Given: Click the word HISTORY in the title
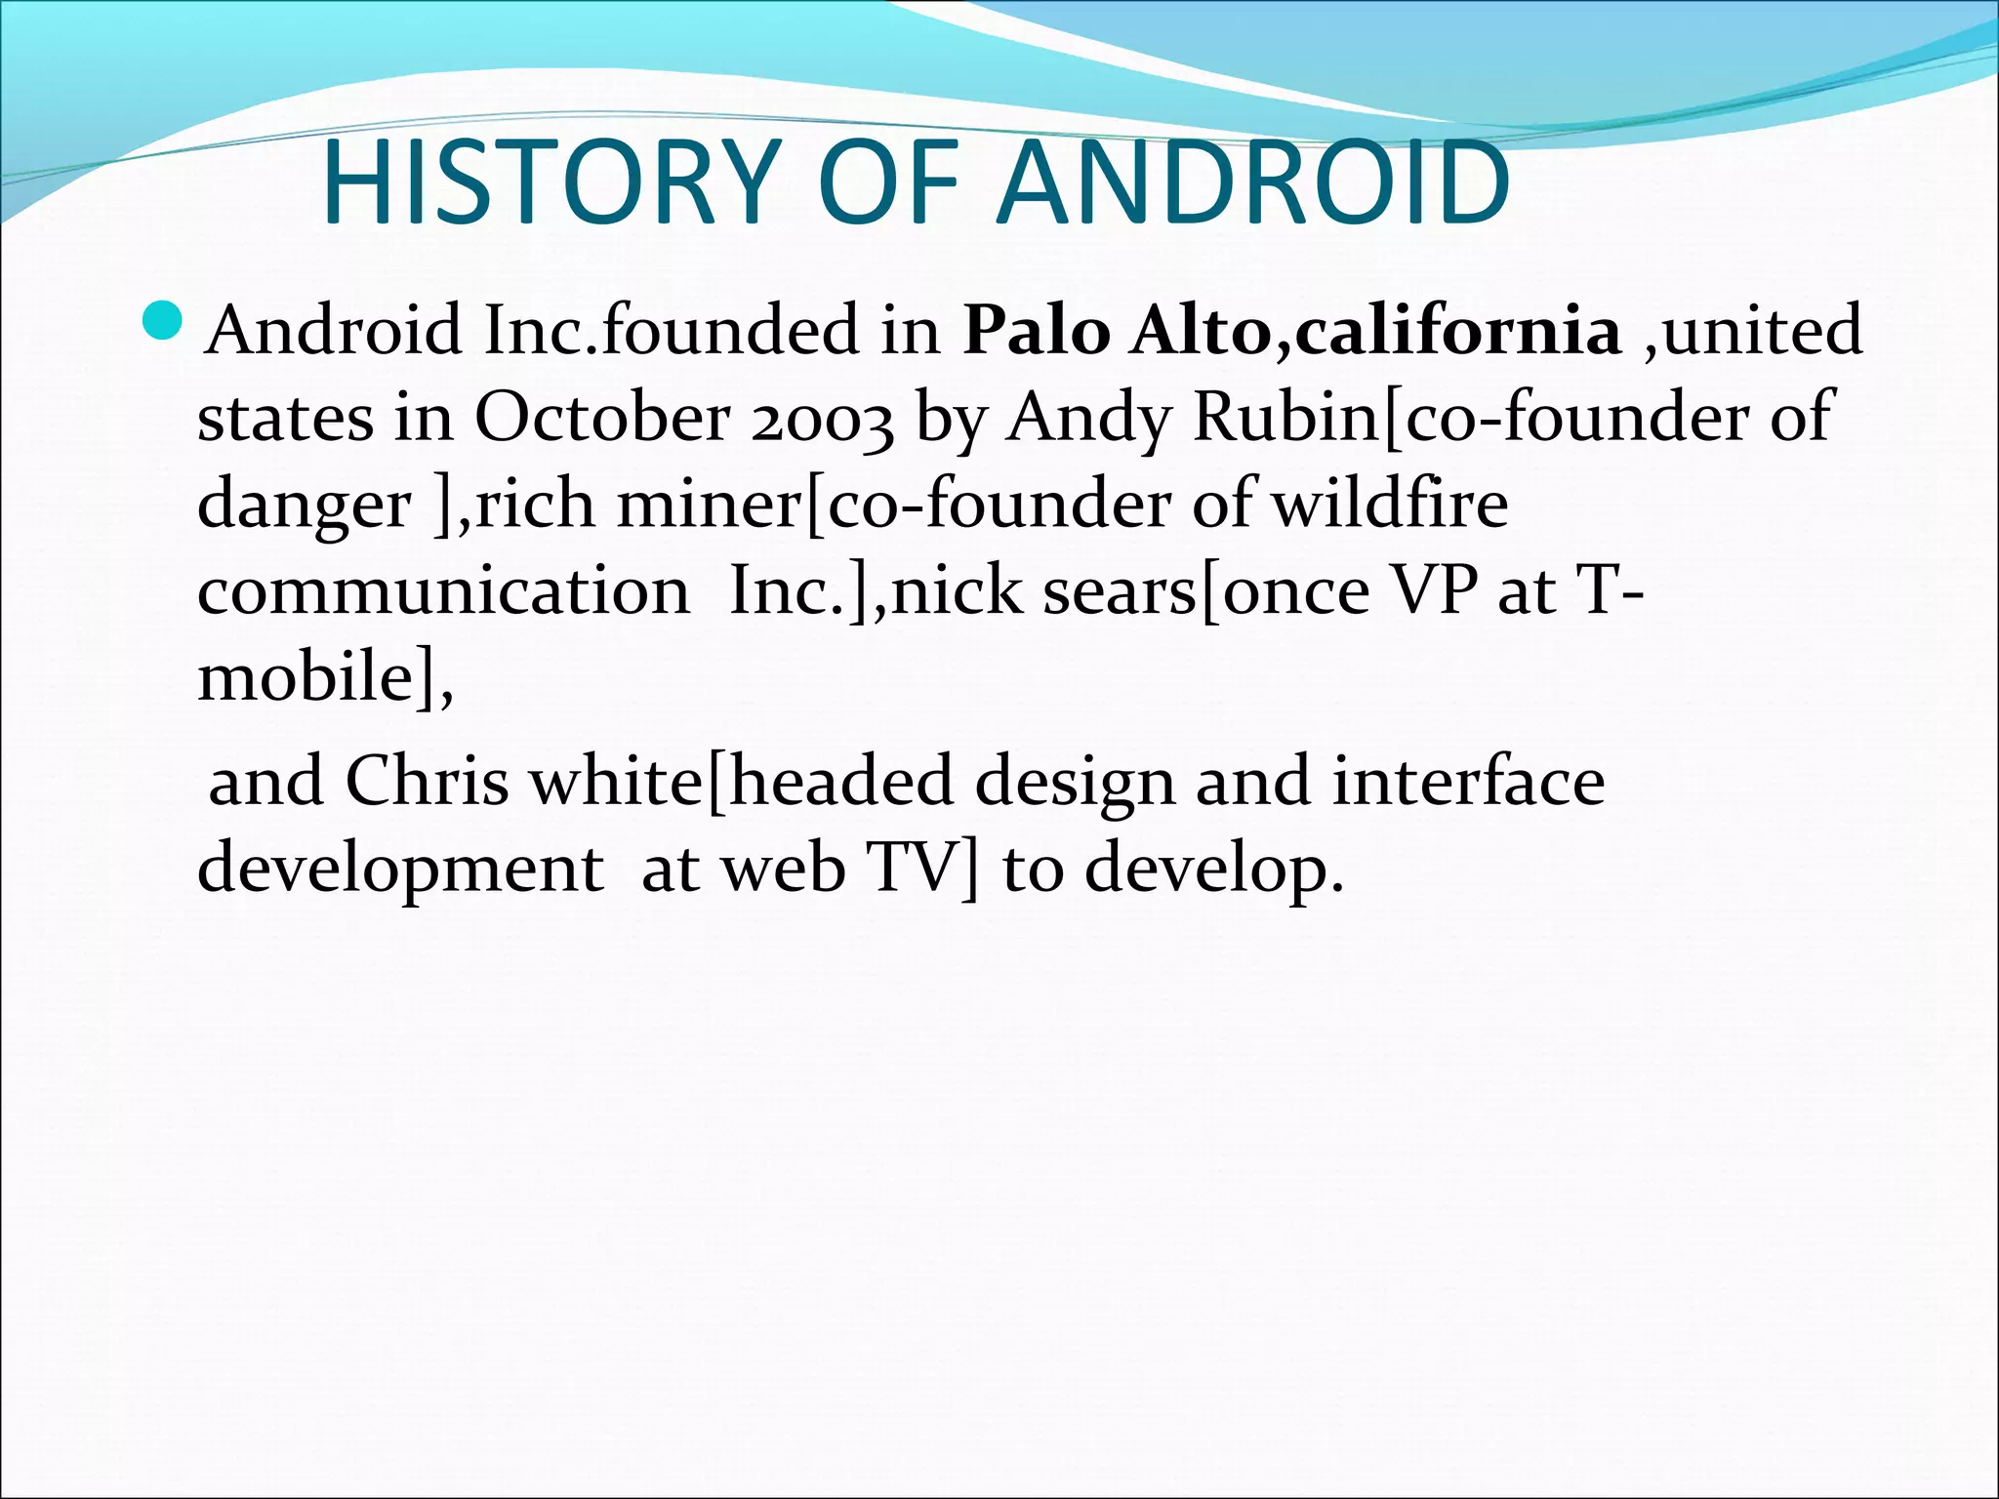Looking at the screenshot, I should click(548, 183).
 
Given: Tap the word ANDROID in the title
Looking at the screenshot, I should click(1254, 183).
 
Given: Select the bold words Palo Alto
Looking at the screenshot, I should click(1119, 331).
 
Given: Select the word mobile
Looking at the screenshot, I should click(302, 676).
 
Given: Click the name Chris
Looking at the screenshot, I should click(428, 782).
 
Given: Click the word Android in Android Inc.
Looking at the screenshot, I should click(333, 331).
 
